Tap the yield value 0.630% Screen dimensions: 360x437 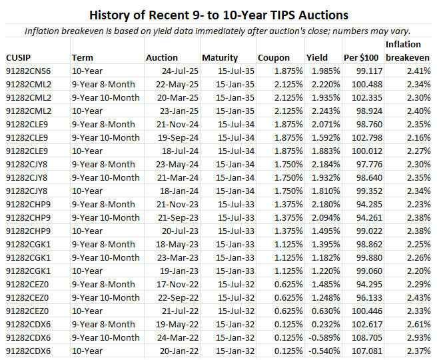(323, 311)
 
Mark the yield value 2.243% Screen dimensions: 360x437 (323, 111)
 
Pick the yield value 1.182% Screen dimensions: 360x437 (323, 257)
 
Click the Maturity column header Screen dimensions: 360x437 (220, 57)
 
